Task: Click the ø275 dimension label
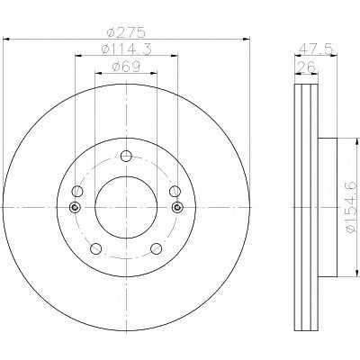tap(126, 32)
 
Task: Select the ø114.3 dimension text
tap(126, 49)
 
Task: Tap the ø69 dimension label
tap(126, 67)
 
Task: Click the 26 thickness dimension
tap(306, 67)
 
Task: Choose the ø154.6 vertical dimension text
tap(352, 207)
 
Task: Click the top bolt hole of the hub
tap(126, 156)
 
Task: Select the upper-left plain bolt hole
tap(77, 191)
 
